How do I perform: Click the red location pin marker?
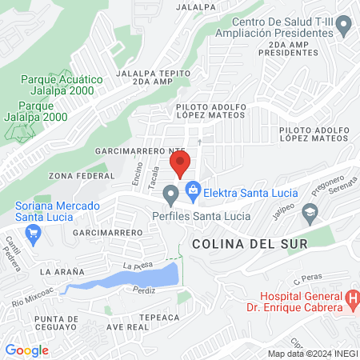(180, 163)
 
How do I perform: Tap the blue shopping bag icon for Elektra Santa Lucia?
(193, 190)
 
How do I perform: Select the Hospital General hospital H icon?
(353, 301)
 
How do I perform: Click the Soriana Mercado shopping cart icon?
(33, 234)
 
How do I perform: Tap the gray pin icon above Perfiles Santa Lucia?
(170, 194)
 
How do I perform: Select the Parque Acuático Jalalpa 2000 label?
(62, 86)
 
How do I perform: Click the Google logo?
(26, 350)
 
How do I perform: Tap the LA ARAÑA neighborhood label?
(62, 272)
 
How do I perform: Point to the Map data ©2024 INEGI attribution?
(312, 354)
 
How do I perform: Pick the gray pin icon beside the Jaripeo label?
(310, 211)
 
